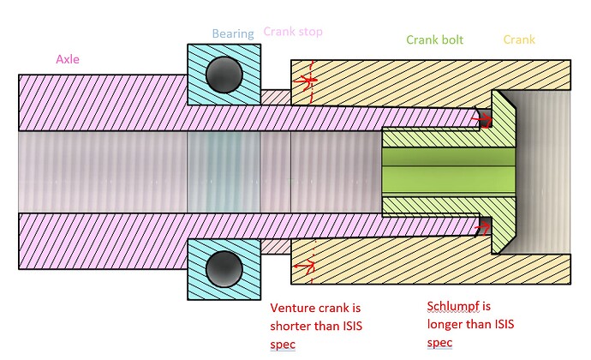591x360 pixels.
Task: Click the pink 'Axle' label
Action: point(69,59)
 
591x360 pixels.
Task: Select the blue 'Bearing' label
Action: point(233,34)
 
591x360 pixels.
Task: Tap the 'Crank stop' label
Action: point(293,32)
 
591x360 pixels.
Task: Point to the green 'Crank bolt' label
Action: point(435,40)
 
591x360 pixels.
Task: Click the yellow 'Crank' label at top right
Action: point(519,40)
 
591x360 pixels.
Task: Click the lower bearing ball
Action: point(223,268)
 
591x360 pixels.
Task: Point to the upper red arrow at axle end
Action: point(487,120)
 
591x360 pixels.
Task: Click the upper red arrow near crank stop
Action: point(304,81)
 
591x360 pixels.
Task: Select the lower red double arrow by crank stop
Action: point(304,266)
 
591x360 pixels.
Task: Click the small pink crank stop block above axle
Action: point(275,95)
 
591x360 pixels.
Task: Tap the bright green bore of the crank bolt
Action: point(450,172)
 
